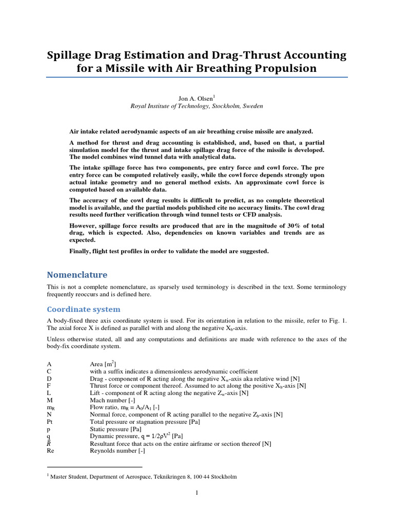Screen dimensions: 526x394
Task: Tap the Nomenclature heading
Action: [77, 275]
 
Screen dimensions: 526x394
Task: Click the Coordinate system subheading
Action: [84, 309]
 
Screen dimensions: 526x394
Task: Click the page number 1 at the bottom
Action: [196, 493]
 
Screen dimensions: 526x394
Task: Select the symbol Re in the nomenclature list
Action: [50, 450]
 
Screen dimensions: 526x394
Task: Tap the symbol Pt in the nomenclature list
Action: [50, 422]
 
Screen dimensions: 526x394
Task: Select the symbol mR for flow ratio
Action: [51, 407]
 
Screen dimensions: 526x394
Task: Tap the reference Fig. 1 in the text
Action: [337, 321]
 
